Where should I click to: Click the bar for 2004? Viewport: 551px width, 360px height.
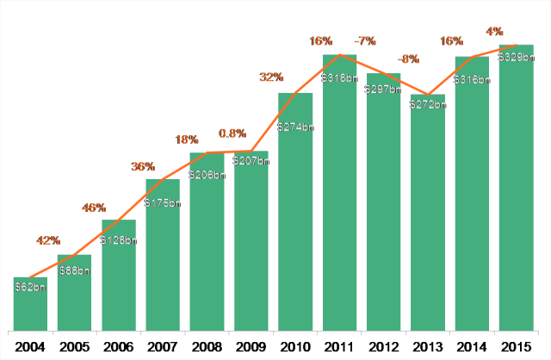[x=30, y=303]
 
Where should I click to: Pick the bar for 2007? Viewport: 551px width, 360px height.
[x=163, y=254]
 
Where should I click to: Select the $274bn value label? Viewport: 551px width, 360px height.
[x=295, y=127]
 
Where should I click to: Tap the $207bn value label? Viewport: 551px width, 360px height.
[x=251, y=162]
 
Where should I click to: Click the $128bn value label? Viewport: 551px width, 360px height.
[x=119, y=240]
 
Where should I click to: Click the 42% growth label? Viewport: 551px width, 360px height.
[x=48, y=239]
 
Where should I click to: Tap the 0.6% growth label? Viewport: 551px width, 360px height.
[x=232, y=133]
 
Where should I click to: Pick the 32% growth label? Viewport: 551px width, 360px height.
[x=272, y=78]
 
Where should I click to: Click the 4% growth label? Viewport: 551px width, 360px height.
[x=495, y=32]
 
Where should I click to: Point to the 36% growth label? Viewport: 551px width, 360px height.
[x=143, y=166]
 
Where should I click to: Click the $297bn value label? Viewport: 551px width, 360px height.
[x=384, y=89]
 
